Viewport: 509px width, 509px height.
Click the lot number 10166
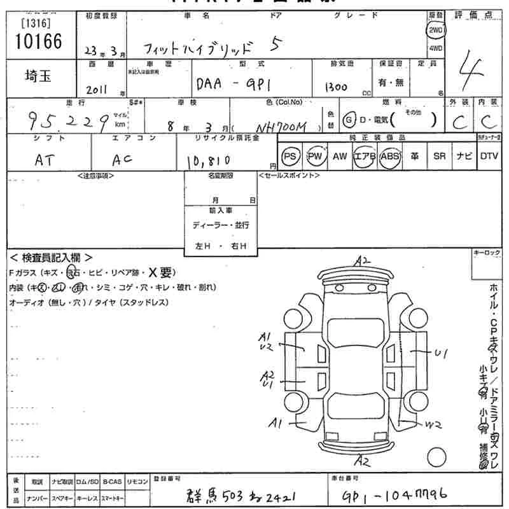(x=37, y=41)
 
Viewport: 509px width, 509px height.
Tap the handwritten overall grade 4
(x=471, y=66)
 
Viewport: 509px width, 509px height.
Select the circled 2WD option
(x=436, y=30)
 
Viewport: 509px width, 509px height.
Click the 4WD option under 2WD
(x=436, y=48)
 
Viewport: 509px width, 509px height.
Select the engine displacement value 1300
(x=335, y=87)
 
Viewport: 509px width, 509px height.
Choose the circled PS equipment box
(x=291, y=156)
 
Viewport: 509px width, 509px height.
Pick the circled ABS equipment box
(x=390, y=156)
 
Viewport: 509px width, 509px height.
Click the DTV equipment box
(x=489, y=156)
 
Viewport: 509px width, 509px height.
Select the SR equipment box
(x=439, y=156)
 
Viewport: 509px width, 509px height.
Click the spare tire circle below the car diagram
(x=436, y=457)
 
